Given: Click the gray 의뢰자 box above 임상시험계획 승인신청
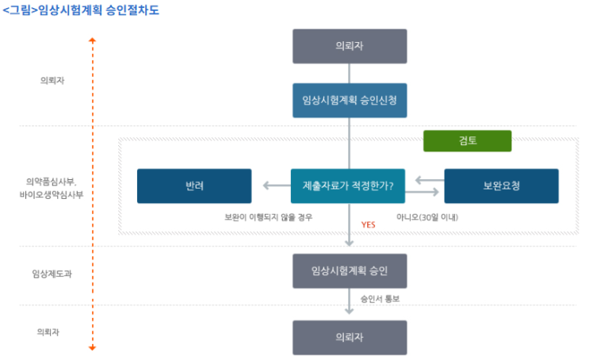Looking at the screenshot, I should pyautogui.click(x=349, y=46).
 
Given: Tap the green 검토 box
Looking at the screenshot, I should pyautogui.click(x=467, y=141).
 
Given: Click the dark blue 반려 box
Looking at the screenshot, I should pyautogui.click(x=194, y=186).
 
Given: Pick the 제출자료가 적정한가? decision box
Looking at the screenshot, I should pyautogui.click(x=349, y=186).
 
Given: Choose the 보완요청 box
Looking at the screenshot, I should pyautogui.click(x=501, y=186).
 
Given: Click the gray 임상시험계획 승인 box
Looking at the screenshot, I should pyautogui.click(x=349, y=270).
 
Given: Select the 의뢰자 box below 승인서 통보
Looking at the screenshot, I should pyautogui.click(x=349, y=337).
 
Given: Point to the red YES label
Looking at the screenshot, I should pyautogui.click(x=368, y=225).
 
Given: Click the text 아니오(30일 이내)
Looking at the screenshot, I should pyautogui.click(x=427, y=216).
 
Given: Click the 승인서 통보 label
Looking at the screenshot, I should pyautogui.click(x=381, y=300).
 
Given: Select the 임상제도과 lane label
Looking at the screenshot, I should pyautogui.click(x=50, y=274).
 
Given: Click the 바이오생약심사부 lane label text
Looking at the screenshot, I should pyautogui.click(x=52, y=193).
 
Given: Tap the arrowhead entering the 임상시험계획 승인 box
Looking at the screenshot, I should pyautogui.click(x=349, y=243).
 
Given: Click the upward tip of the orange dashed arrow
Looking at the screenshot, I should pyautogui.click(x=92, y=38).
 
